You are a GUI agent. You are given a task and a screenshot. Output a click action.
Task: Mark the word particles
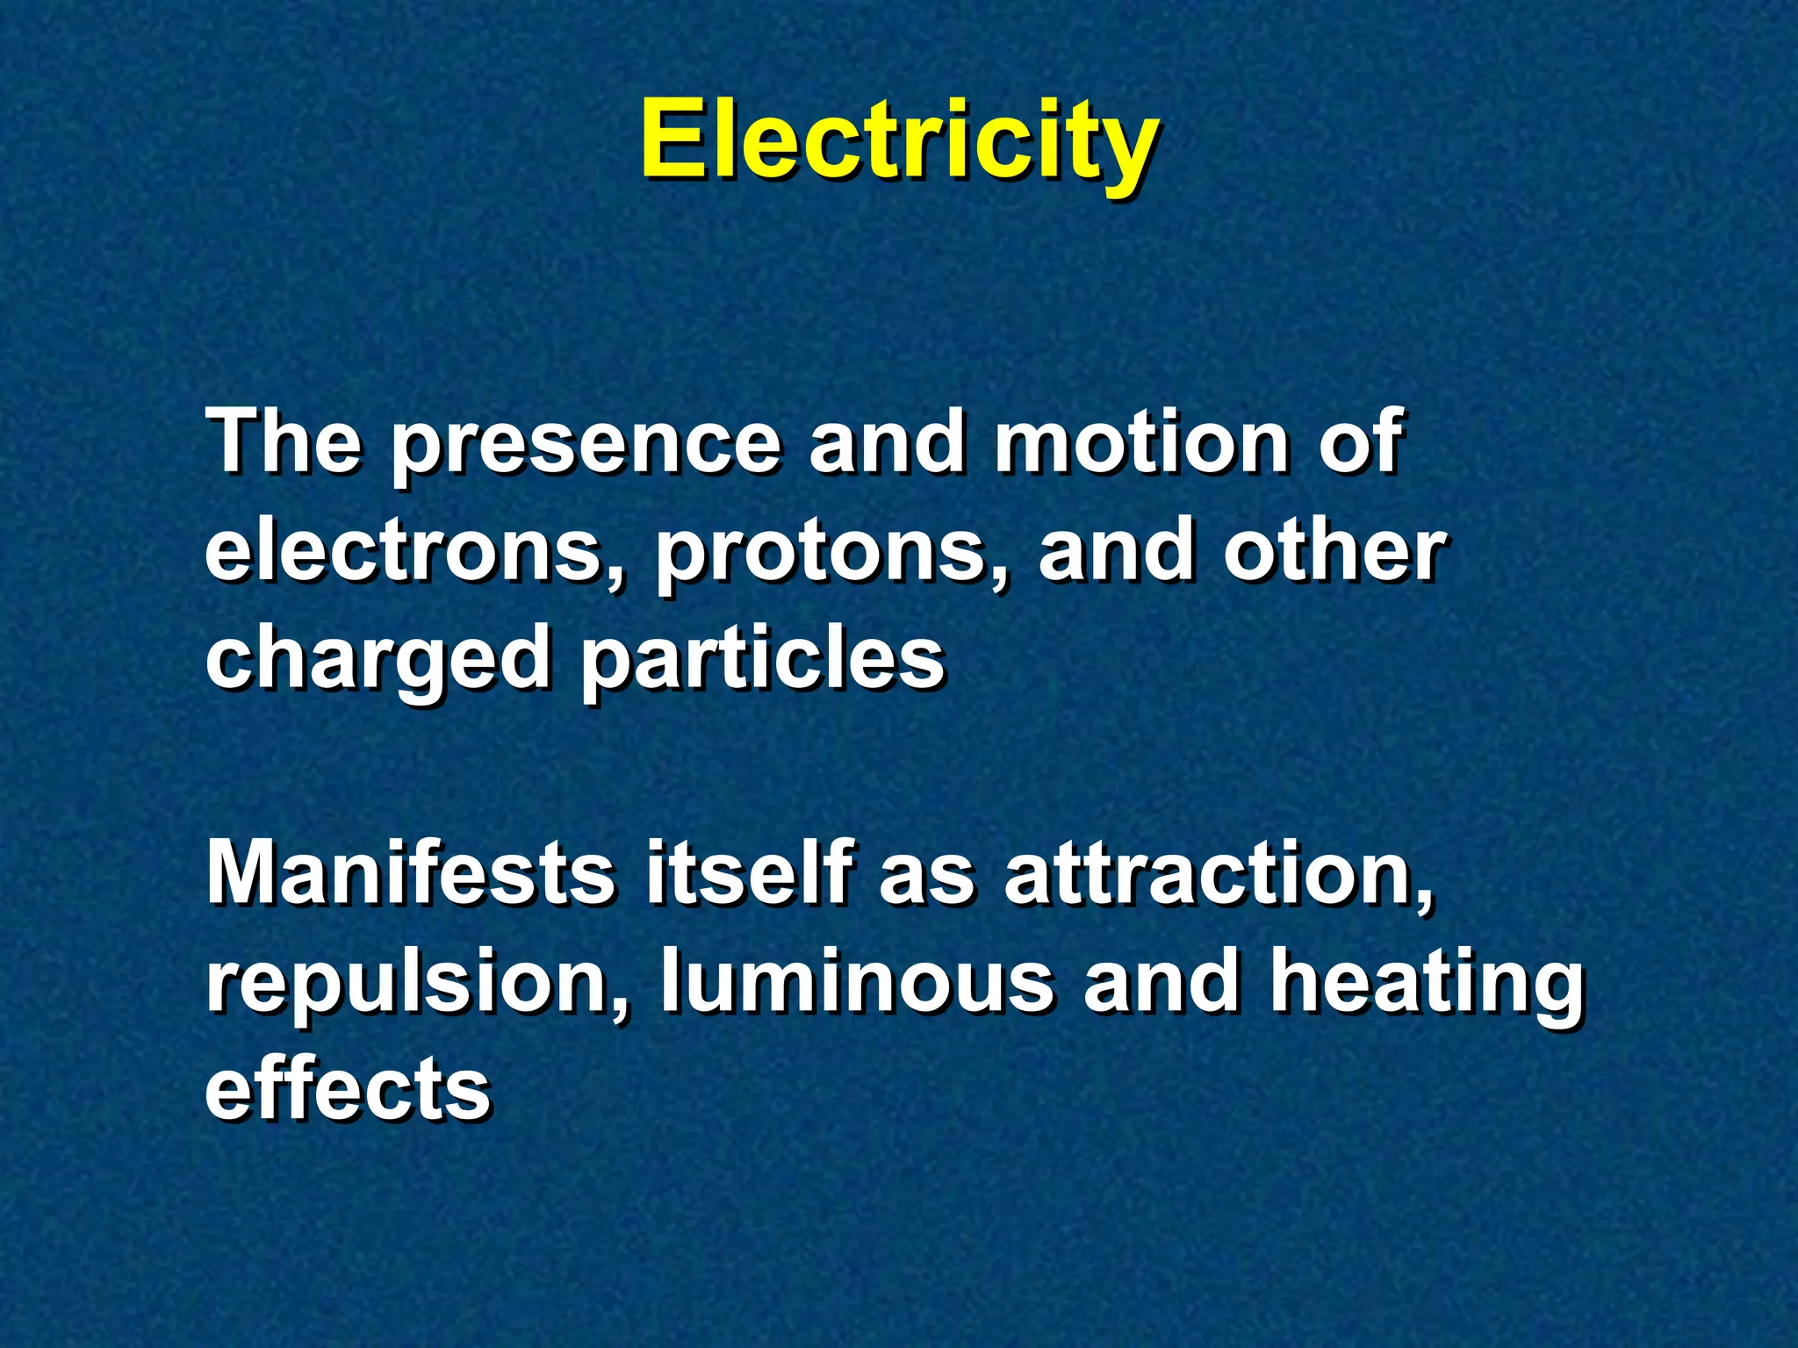[x=762, y=660]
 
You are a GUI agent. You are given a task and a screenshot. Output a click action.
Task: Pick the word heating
[x=1427, y=985]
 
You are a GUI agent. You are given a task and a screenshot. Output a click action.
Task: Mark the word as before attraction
[x=927, y=878]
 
